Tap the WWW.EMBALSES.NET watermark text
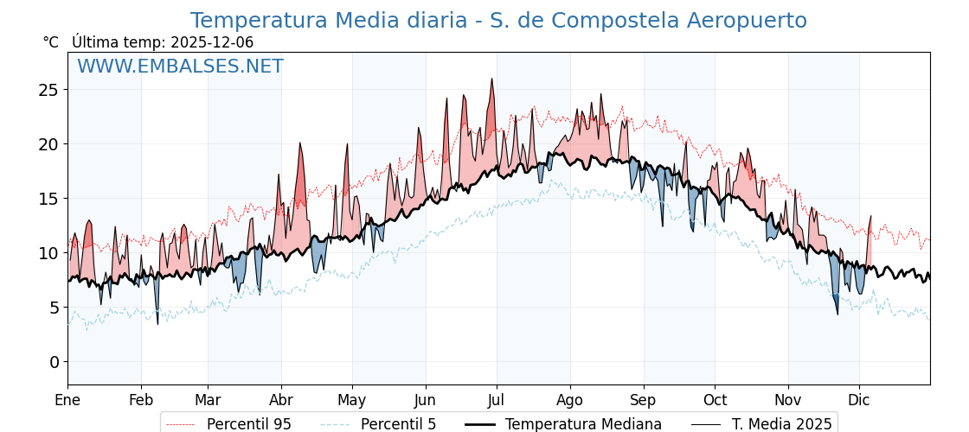pyautogui.click(x=180, y=67)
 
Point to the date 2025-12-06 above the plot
pyautogui.click(x=212, y=42)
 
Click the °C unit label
pyautogui.click(x=50, y=42)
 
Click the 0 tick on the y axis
pyautogui.click(x=54, y=362)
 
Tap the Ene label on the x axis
pyautogui.click(x=67, y=400)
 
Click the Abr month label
pyautogui.click(x=281, y=400)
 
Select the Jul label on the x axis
pyautogui.click(x=497, y=400)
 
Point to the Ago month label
pyautogui.click(x=570, y=400)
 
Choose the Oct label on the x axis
pyautogui.click(x=715, y=400)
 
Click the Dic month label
pyautogui.click(x=859, y=400)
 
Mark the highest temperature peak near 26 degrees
pyautogui.click(x=492, y=79)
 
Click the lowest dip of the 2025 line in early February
pyautogui.click(x=157, y=323)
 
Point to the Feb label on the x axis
pyautogui.click(x=141, y=400)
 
